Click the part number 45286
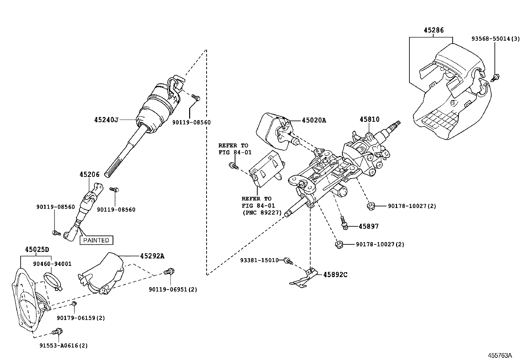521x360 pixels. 434,30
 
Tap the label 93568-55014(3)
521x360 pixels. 495,38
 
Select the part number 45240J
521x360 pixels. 106,120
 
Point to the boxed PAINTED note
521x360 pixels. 96,240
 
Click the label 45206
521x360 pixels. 89,175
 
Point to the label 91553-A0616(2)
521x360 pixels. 63,345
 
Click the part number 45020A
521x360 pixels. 314,120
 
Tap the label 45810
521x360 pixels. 369,119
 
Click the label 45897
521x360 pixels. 368,226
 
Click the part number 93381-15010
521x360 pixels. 259,260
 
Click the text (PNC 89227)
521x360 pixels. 262,213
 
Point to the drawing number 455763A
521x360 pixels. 500,355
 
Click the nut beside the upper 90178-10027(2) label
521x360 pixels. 370,206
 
